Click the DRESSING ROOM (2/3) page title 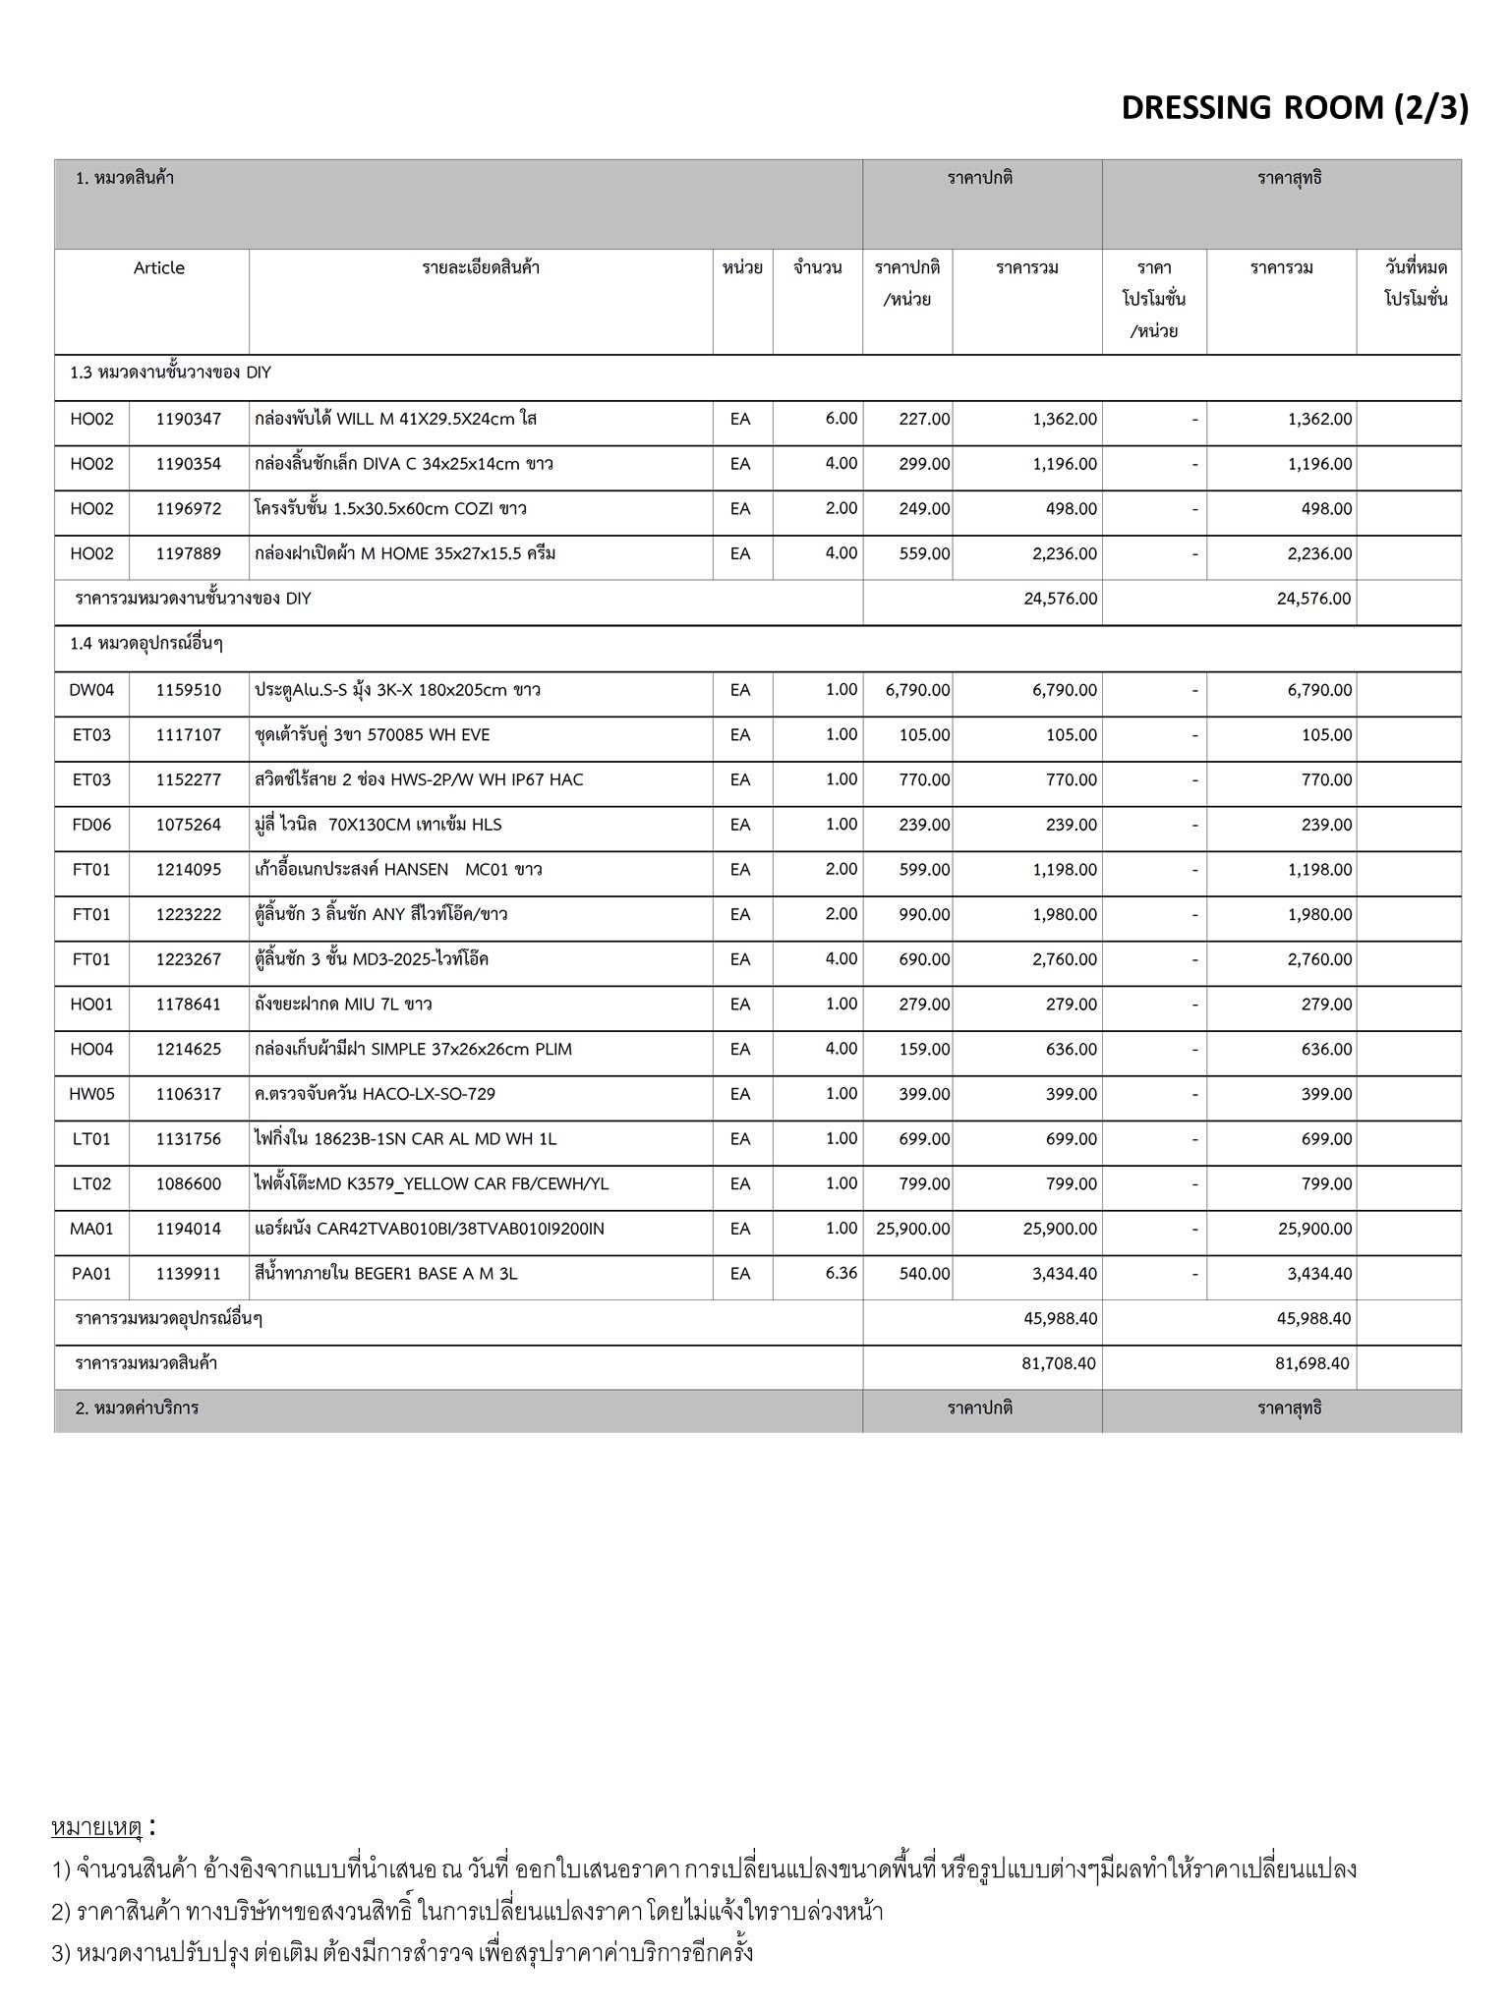click(x=1294, y=108)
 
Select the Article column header click(x=158, y=268)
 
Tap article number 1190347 click(x=189, y=419)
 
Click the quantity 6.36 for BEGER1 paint click(x=842, y=1273)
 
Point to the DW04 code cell click(x=91, y=690)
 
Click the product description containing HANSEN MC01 click(x=398, y=870)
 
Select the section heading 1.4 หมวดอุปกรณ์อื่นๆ click(x=146, y=644)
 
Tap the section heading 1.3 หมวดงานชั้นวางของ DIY click(x=170, y=374)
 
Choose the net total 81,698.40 click(x=1313, y=1363)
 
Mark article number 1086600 click(x=189, y=1183)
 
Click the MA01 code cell click(x=91, y=1229)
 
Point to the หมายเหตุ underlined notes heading click(x=96, y=1828)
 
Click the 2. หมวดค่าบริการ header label click(x=137, y=1409)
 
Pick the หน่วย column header click(x=742, y=268)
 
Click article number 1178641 click(x=189, y=1005)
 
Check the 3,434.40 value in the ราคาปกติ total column click(x=1065, y=1274)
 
